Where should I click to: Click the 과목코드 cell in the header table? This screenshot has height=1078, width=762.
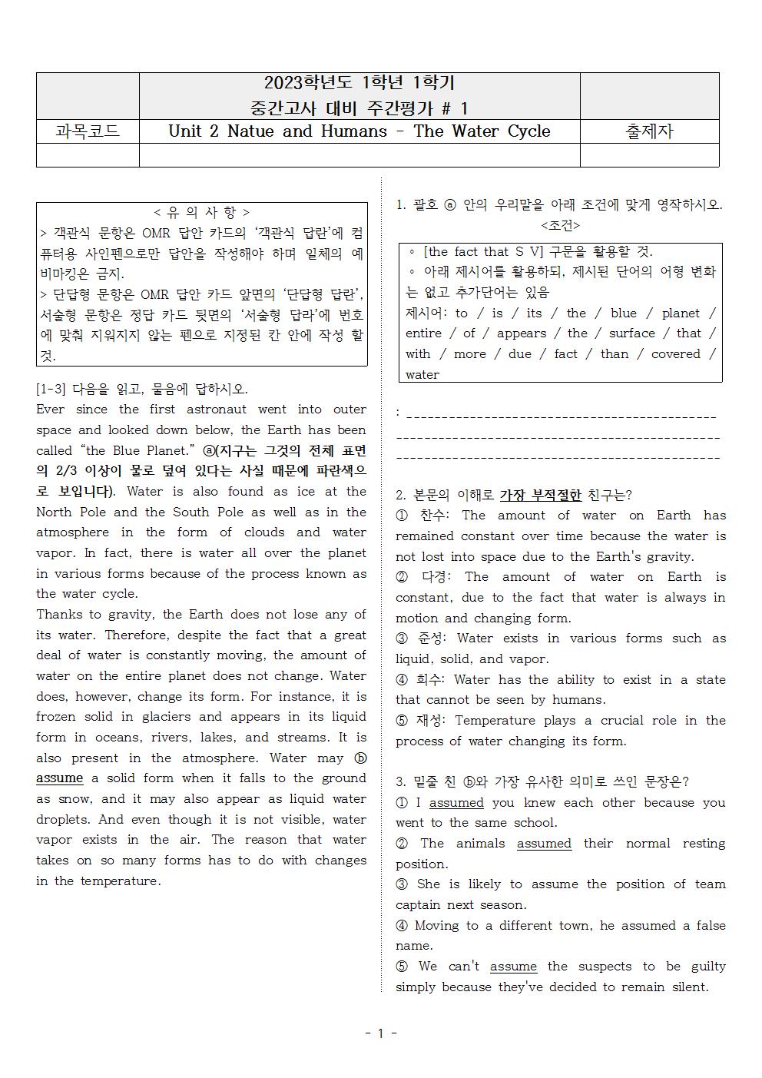coord(88,131)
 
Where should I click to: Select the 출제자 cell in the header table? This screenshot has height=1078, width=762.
coord(649,131)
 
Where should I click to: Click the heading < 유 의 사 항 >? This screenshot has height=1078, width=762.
coord(201,212)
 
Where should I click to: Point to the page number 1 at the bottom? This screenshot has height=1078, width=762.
coord(380,1033)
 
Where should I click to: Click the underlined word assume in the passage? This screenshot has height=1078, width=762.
coord(59,778)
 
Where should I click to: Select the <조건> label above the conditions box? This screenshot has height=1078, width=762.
coord(560,225)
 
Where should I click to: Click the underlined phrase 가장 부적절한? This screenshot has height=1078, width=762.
coord(540,496)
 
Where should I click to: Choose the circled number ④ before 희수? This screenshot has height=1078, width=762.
coord(402,680)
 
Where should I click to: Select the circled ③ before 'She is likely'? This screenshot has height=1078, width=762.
coord(402,884)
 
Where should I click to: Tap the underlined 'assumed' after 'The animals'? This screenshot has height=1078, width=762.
coord(544,844)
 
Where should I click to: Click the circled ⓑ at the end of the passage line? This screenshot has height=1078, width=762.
coord(359,758)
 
